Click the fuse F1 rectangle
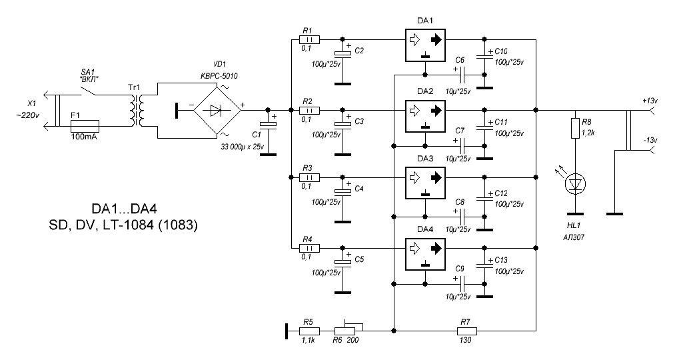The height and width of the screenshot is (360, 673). [x=84, y=125]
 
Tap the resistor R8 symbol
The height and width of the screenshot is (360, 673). [x=574, y=129]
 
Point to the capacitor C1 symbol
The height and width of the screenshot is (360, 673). [x=268, y=124]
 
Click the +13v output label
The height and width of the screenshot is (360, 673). [x=651, y=101]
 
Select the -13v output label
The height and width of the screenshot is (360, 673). [x=650, y=140]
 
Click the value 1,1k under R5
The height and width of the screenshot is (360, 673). [x=307, y=339]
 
